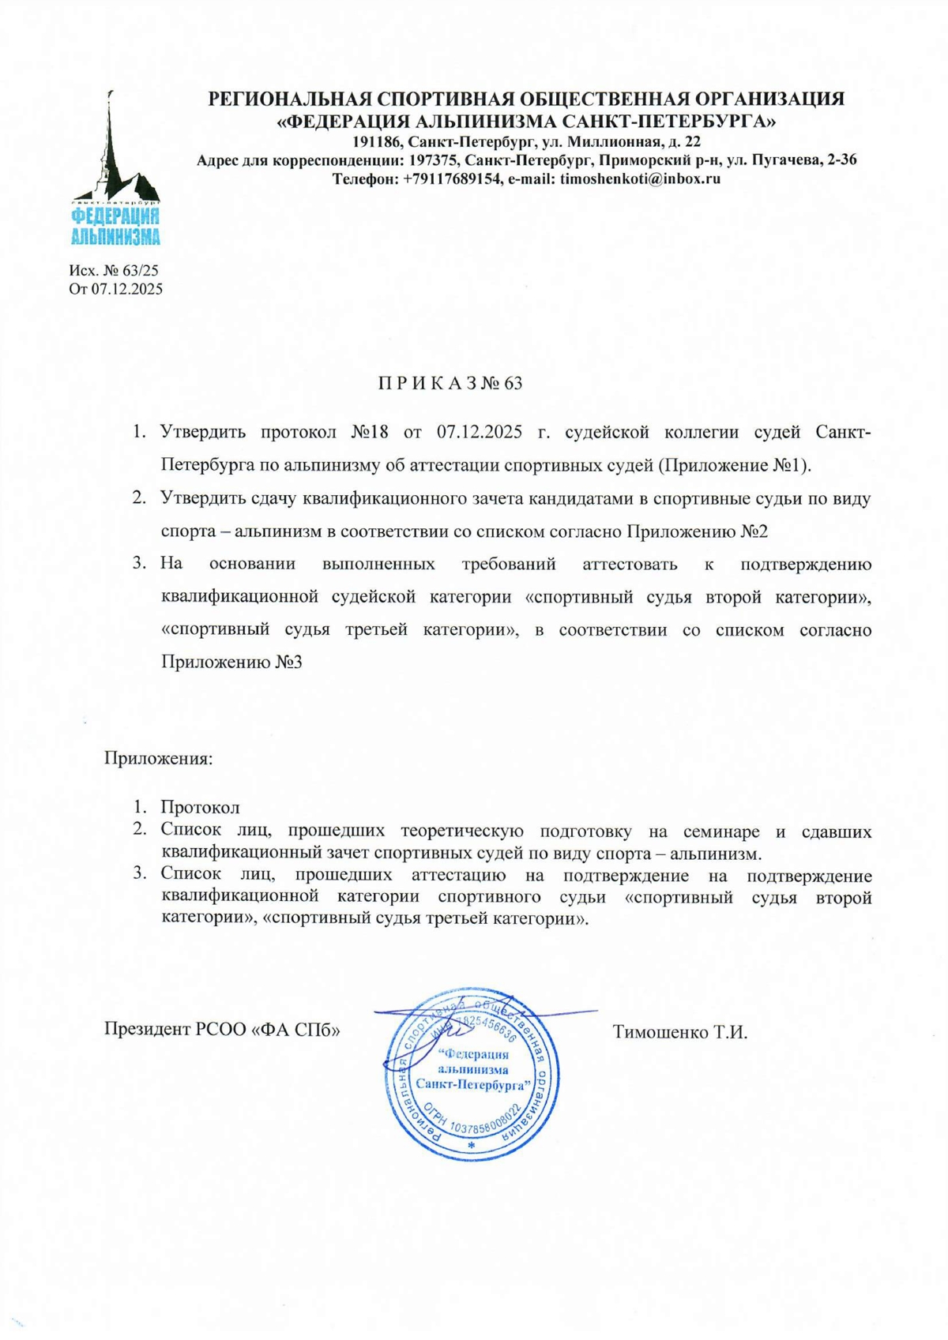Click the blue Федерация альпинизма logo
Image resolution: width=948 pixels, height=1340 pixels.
[x=116, y=169]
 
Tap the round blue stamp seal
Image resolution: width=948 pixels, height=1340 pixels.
[x=472, y=1074]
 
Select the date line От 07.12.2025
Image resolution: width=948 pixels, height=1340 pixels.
[x=116, y=289]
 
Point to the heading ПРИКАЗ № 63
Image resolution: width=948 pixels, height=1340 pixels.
[x=450, y=383]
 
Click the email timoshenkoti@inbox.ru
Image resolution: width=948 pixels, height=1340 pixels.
[x=640, y=178]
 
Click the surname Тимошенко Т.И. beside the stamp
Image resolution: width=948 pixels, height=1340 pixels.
[x=679, y=1032]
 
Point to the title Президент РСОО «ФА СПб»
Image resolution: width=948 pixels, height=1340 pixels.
[x=222, y=1030]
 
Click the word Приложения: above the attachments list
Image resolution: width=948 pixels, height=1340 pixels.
[x=159, y=759]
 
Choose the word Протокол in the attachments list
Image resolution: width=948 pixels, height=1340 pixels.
[x=200, y=807]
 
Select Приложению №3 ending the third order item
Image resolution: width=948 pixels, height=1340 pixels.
[x=231, y=662]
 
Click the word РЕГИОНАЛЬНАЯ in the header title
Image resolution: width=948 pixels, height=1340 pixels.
[x=289, y=99]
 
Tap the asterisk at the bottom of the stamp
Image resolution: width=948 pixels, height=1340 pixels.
[x=472, y=1144]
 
